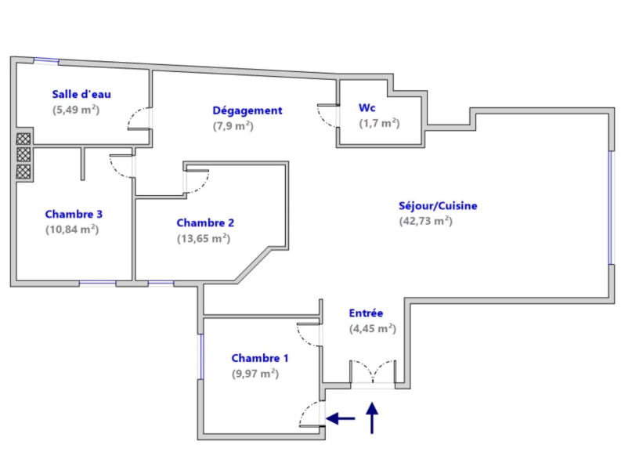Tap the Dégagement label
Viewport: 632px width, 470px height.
(247, 110)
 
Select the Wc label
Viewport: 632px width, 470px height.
(367, 107)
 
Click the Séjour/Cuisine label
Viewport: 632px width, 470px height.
(438, 206)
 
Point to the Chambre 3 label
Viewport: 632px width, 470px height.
(74, 214)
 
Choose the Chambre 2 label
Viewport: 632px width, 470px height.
(206, 222)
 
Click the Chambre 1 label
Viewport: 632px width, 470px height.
(260, 358)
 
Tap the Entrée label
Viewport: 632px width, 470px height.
(366, 313)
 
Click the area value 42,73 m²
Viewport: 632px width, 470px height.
(426, 221)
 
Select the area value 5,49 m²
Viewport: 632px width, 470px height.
(76, 110)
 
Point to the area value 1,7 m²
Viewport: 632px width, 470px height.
(379, 123)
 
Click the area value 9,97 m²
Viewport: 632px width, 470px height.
(255, 374)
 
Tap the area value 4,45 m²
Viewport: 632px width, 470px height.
(372, 329)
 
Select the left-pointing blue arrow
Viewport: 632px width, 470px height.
(340, 419)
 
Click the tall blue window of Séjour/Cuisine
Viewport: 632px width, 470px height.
(611, 206)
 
